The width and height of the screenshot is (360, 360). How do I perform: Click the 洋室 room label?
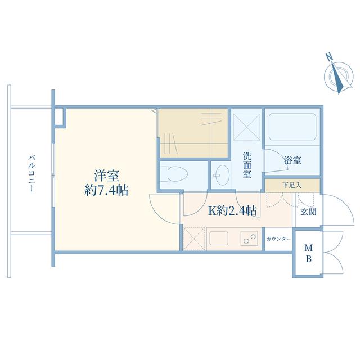click(x=106, y=176)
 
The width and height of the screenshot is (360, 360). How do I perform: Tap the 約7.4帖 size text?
click(x=106, y=190)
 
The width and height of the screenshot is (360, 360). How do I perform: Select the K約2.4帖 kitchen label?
click(x=232, y=210)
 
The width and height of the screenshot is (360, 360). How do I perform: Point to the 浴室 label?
click(x=292, y=160)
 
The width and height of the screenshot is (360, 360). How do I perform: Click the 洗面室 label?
click(x=247, y=165)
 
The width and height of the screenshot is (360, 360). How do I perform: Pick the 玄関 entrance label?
click(x=309, y=212)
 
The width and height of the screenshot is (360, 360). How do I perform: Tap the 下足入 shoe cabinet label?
click(x=292, y=185)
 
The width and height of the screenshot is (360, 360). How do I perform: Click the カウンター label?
click(x=278, y=239)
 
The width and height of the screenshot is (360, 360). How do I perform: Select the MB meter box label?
click(x=309, y=254)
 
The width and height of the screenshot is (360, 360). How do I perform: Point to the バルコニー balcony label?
click(x=31, y=173)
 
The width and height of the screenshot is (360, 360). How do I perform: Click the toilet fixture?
click(x=174, y=174)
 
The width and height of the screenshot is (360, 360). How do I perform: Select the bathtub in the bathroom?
click(x=292, y=127)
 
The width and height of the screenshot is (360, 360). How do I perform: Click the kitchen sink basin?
click(x=219, y=238)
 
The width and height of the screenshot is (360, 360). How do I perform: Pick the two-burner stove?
click(x=249, y=238)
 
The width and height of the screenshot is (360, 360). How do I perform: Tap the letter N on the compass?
click(x=330, y=56)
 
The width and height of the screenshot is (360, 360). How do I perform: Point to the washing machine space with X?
click(x=247, y=127)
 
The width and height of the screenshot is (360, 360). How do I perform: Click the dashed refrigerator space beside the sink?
click(x=194, y=238)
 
